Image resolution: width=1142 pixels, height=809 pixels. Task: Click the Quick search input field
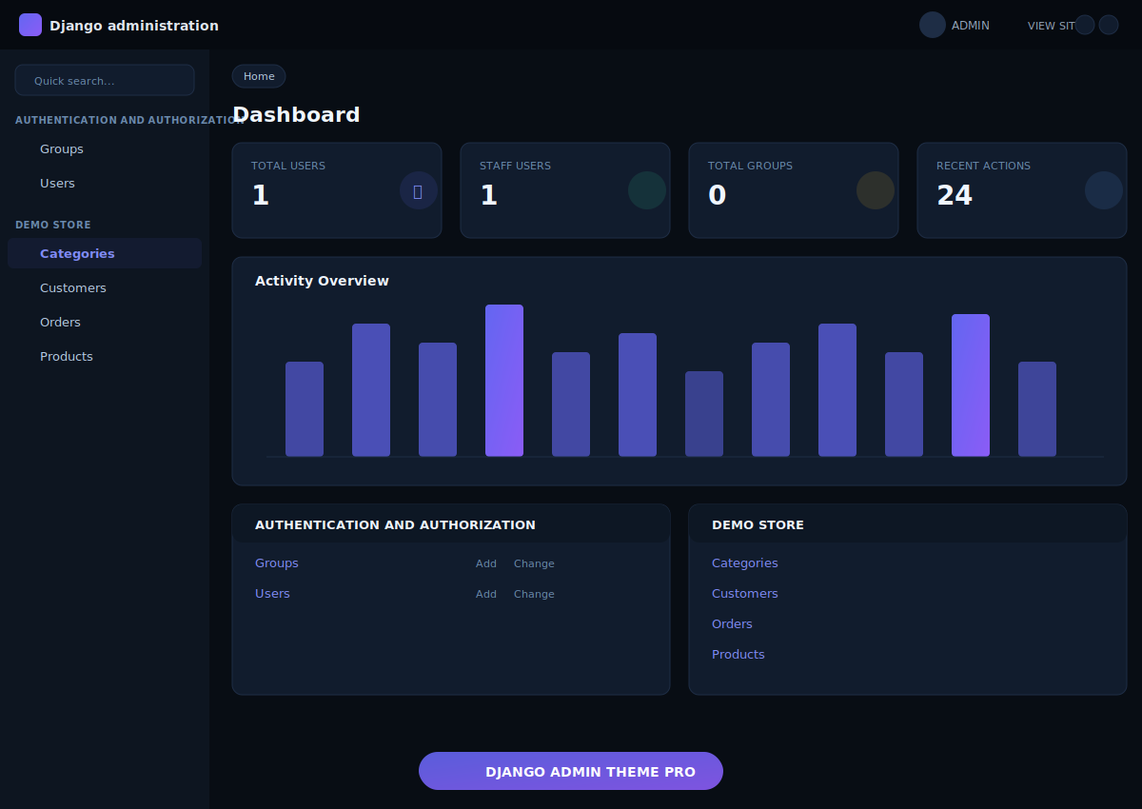pyautogui.click(x=105, y=81)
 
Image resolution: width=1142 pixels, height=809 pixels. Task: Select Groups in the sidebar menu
pyautogui.click(x=62, y=149)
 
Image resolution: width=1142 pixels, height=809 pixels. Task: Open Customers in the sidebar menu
pyautogui.click(x=73, y=288)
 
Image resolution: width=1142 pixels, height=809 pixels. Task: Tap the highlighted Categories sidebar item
pyautogui.click(x=77, y=254)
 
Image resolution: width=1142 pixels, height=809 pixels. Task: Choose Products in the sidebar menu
pyautogui.click(x=67, y=357)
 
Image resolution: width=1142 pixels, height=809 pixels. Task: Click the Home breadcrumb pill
pyautogui.click(x=259, y=76)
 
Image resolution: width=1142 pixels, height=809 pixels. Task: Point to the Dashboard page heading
pyautogui.click(x=296, y=115)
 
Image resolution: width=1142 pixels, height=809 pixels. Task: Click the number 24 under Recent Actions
pyautogui.click(x=955, y=195)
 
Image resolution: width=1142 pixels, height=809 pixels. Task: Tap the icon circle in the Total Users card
pyautogui.click(x=418, y=190)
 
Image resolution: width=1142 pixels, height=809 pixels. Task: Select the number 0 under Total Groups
pyautogui.click(x=717, y=195)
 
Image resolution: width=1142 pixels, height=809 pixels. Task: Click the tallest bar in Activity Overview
pyautogui.click(x=504, y=381)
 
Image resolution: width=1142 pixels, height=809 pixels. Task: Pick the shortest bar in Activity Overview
pyautogui.click(x=704, y=414)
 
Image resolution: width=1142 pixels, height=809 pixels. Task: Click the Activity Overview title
pyautogui.click(x=322, y=281)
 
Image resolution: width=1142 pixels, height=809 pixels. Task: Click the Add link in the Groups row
pyautogui.click(x=486, y=563)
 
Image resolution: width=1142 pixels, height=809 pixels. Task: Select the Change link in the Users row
pyautogui.click(x=534, y=594)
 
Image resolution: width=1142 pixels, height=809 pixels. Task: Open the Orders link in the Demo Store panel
pyautogui.click(x=732, y=624)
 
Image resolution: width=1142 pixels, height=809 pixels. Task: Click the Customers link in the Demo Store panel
pyautogui.click(x=744, y=594)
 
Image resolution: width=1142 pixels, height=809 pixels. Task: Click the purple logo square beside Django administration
pyautogui.click(x=30, y=25)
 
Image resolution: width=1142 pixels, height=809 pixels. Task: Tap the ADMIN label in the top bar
pyautogui.click(x=971, y=26)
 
